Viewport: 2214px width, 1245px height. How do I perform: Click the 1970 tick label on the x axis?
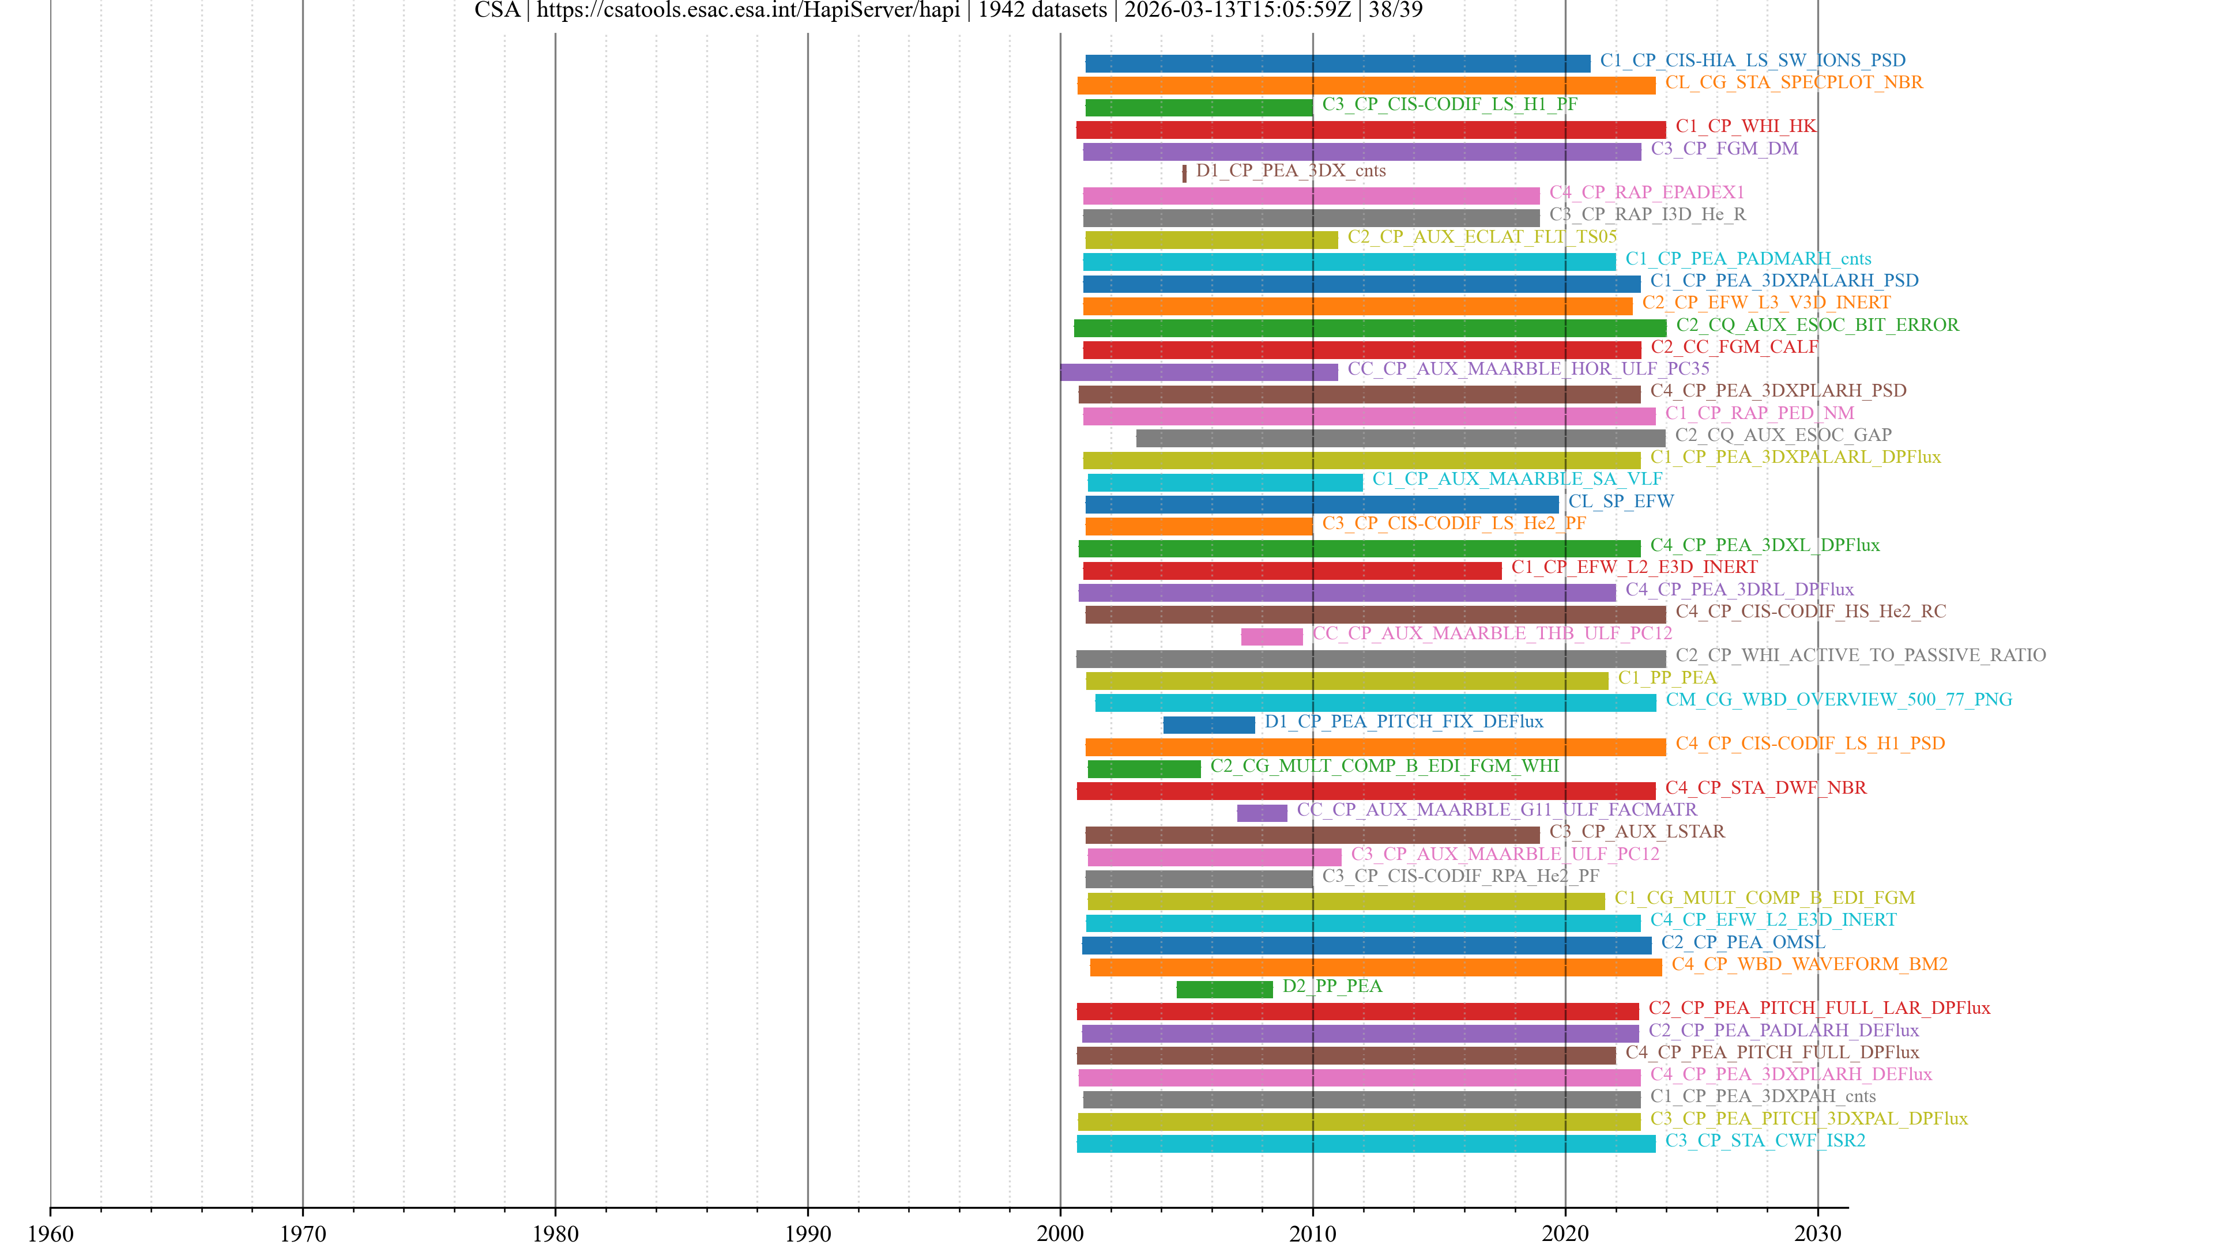[303, 1234]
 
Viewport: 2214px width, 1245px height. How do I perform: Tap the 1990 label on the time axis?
[807, 1234]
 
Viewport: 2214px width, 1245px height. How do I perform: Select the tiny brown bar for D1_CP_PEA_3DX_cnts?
[1184, 173]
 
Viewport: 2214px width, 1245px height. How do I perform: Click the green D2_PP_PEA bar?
[1224, 990]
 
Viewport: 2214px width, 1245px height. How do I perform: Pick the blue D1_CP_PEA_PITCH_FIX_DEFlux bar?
[1208, 725]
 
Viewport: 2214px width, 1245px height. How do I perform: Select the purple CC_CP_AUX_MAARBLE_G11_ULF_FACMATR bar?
[1262, 813]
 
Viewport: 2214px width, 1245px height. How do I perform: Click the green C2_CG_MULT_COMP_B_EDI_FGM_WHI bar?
[1144, 769]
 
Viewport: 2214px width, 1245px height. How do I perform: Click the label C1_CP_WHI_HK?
[1746, 126]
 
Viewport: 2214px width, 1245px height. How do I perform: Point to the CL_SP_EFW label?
[1620, 501]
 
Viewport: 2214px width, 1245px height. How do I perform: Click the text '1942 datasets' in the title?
[1042, 10]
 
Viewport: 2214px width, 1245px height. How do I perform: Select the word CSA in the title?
[497, 10]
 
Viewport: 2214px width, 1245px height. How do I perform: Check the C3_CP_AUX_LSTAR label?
[1636, 832]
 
